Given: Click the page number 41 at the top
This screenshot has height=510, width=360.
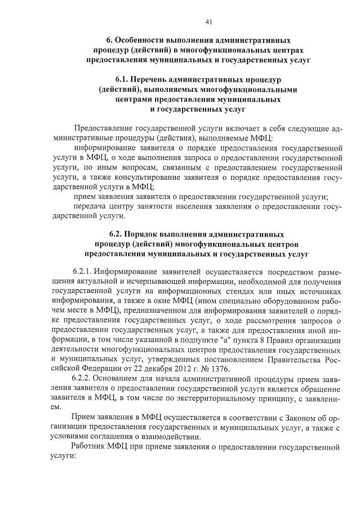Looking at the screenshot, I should coord(208,22).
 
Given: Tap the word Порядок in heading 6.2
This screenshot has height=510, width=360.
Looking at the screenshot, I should coord(152,234).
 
